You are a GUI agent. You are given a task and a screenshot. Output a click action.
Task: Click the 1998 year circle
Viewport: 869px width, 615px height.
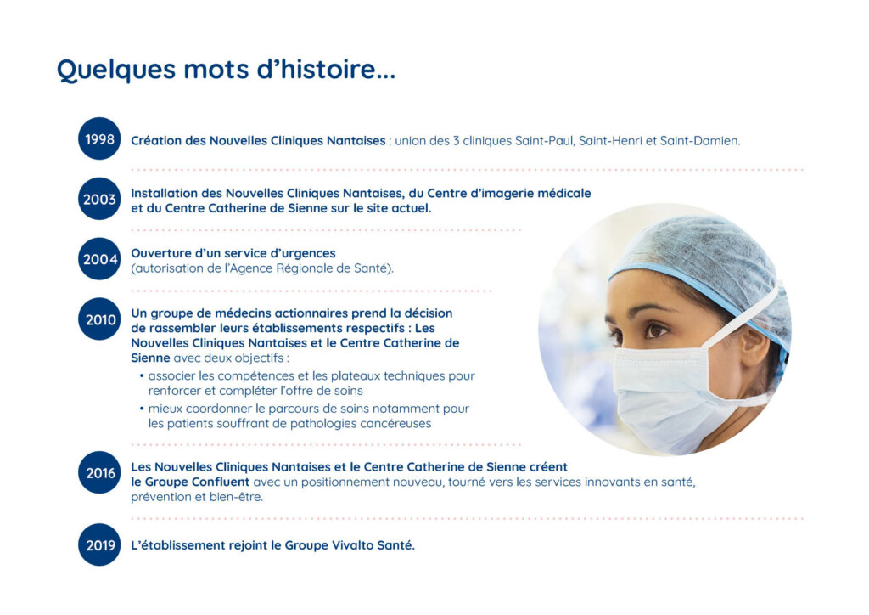click(99, 138)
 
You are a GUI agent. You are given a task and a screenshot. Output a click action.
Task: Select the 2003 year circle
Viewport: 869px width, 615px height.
click(99, 199)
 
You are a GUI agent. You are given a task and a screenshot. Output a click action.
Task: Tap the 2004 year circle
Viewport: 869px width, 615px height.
click(99, 259)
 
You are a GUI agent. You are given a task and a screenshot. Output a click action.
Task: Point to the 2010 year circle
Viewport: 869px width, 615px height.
click(99, 319)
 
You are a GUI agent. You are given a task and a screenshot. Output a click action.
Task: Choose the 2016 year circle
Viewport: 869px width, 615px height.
click(99, 473)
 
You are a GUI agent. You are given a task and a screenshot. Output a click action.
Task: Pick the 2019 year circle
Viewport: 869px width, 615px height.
click(99, 545)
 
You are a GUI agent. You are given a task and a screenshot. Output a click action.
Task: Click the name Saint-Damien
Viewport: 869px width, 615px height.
click(700, 141)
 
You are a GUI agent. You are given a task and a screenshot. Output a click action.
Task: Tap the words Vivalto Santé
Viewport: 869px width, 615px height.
click(373, 545)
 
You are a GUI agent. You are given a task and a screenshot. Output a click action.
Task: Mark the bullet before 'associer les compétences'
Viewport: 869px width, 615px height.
click(142, 376)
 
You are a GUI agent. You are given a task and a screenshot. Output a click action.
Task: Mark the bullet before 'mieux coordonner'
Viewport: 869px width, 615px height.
click(142, 409)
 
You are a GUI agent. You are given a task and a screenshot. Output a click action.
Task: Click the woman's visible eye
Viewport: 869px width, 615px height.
click(656, 330)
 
